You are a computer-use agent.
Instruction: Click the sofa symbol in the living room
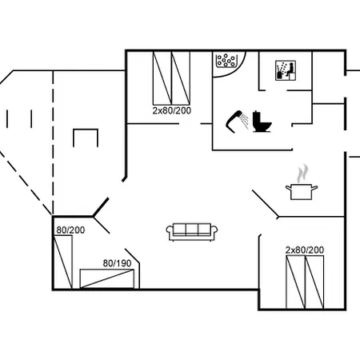point(192,231)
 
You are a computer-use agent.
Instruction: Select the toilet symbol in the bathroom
point(262,122)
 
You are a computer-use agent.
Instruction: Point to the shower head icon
point(238,121)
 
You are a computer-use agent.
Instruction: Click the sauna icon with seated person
point(286,70)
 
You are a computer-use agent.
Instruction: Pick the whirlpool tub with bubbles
point(226,61)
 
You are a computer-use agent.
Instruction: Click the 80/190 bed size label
point(117,263)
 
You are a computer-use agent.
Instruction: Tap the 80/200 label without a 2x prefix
point(70,230)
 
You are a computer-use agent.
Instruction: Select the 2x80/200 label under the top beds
point(172,110)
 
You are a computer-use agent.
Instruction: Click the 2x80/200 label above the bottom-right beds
point(305,250)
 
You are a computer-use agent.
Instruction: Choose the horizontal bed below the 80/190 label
point(107,278)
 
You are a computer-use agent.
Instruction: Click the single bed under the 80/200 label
point(63,262)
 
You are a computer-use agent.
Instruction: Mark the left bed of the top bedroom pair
point(162,78)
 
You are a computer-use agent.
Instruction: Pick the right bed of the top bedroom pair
point(181,78)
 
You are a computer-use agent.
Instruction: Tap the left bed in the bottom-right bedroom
point(295,282)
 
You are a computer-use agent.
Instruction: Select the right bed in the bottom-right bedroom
point(314,282)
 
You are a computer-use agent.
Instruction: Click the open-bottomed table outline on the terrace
point(86,130)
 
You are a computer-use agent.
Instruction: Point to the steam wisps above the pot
point(303,174)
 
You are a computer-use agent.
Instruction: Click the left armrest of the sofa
point(170,231)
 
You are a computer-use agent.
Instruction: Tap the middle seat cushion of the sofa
point(192,230)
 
